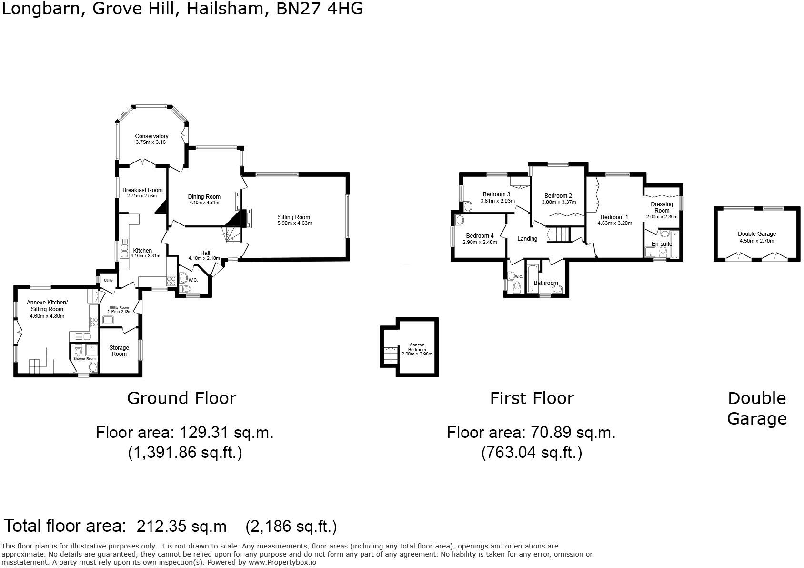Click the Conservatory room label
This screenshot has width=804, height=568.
[151, 136]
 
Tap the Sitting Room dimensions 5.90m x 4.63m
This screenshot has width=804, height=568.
[294, 223]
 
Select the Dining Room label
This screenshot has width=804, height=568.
[204, 197]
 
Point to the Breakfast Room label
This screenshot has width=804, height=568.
[142, 190]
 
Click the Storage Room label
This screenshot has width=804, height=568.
[119, 351]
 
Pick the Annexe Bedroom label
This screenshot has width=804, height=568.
[417, 347]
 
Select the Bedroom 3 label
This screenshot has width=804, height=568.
[496, 194]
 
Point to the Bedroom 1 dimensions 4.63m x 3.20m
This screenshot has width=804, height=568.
[614, 223]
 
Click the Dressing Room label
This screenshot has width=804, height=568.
[662, 207]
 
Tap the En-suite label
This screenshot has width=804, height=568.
[662, 244]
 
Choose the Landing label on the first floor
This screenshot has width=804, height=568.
[527, 239]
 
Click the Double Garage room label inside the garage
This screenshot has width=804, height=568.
[757, 234]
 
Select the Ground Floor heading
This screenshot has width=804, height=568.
[181, 398]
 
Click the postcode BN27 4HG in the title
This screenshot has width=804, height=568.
[320, 9]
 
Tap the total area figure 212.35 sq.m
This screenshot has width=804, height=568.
[181, 527]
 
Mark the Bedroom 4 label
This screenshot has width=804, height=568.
[480, 236]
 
